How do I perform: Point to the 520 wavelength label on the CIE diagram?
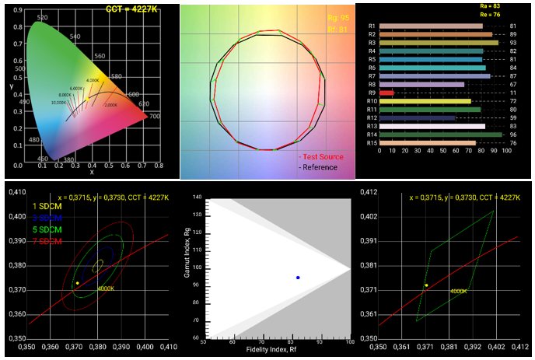(x=43, y=17)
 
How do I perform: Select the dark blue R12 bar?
(x=417, y=118)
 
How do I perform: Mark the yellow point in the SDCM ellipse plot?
(x=76, y=282)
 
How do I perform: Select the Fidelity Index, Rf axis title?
(x=276, y=350)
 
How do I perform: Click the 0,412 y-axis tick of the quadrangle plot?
(x=367, y=191)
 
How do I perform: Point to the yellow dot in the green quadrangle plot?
(x=426, y=285)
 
